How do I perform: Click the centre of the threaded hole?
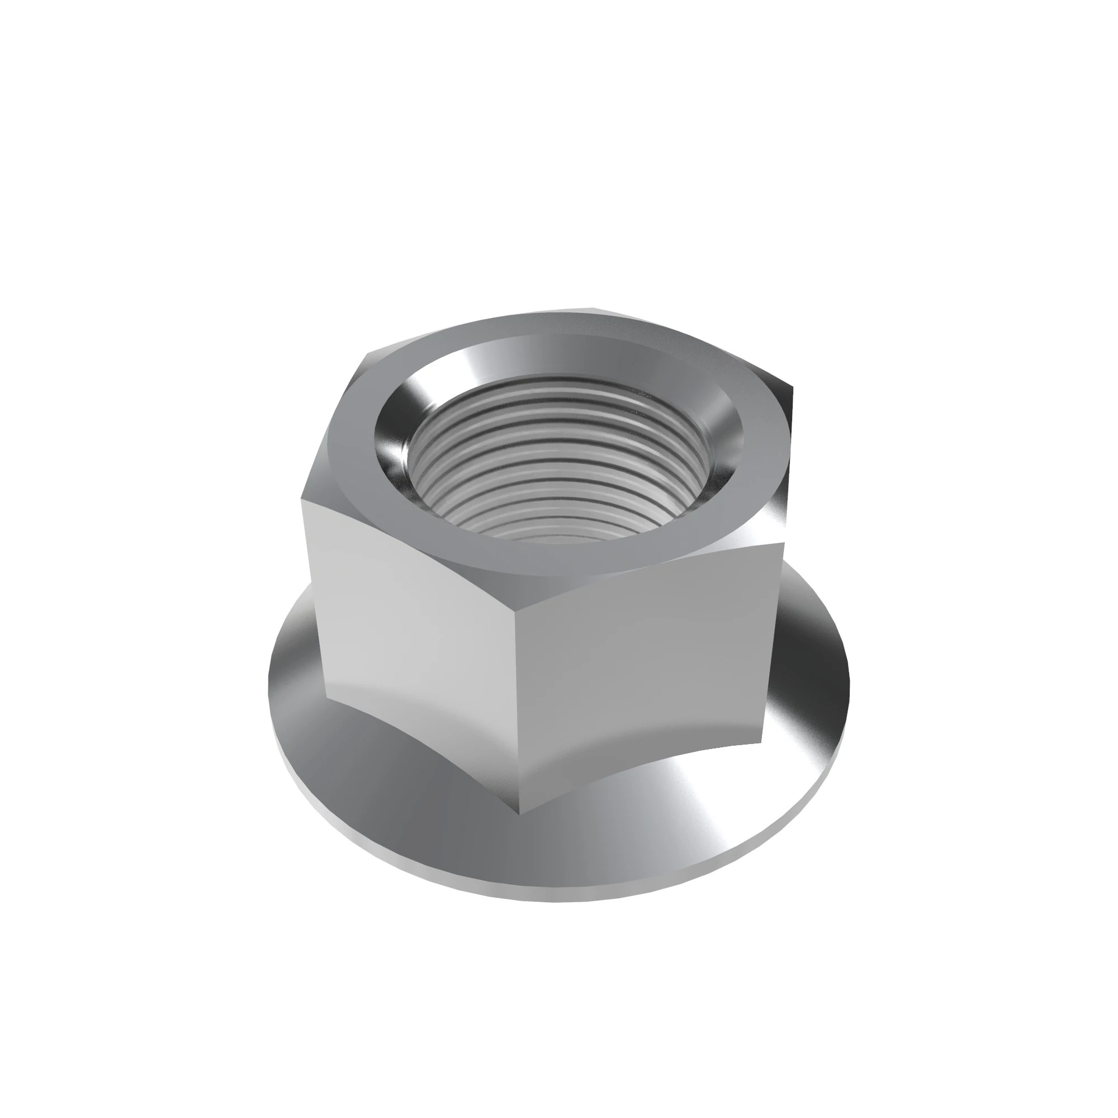(558, 457)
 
